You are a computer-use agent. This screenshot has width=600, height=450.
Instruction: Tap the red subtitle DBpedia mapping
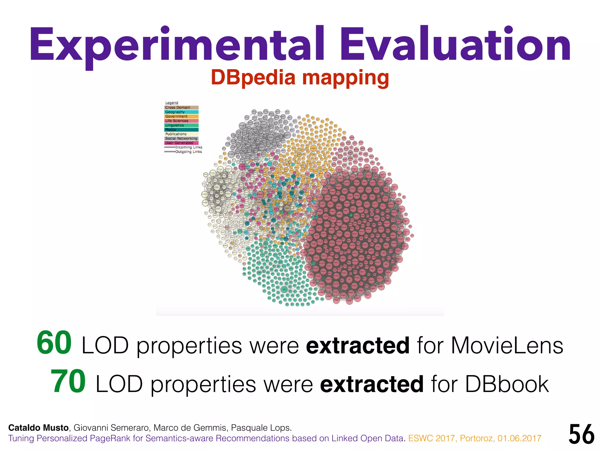point(300,78)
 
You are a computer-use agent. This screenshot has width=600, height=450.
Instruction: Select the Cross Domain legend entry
point(181,108)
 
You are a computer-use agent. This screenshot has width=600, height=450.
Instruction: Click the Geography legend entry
point(181,112)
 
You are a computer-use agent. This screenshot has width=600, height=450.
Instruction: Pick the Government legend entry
point(181,116)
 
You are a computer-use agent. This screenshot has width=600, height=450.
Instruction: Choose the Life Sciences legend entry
point(181,121)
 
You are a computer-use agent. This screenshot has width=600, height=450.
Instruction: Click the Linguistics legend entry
point(181,125)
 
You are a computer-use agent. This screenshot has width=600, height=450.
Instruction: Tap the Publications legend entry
point(181,134)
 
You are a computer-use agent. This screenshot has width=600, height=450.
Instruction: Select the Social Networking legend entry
point(181,138)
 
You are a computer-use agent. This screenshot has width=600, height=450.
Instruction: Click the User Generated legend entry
point(181,143)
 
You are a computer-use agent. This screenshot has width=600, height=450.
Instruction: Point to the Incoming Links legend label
point(188,147)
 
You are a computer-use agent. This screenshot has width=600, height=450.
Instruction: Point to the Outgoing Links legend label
point(188,151)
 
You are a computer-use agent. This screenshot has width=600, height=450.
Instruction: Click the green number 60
point(54,343)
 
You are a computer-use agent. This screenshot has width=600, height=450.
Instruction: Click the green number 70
point(68,381)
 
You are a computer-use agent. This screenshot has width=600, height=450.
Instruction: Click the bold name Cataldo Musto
point(38,428)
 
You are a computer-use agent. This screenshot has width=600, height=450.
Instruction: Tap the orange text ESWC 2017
point(432,438)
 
